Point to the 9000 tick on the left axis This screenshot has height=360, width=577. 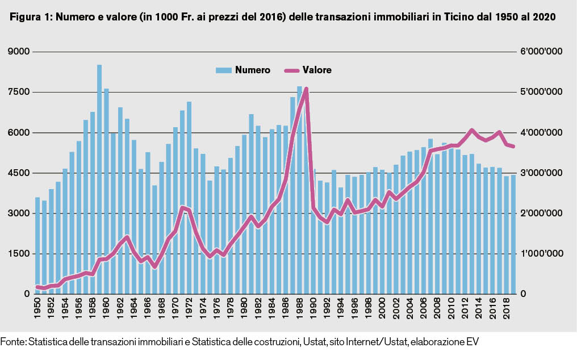click(20, 52)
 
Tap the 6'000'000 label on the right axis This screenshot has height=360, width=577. click(543, 52)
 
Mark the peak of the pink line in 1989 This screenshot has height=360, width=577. click(306, 89)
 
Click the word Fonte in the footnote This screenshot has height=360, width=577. click(12, 342)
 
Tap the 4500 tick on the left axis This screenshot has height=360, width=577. click(20, 173)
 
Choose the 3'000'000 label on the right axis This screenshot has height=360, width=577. click(543, 173)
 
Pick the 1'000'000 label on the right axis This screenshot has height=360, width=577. click(543, 254)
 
